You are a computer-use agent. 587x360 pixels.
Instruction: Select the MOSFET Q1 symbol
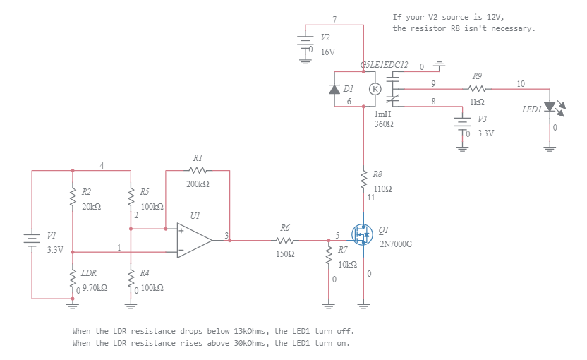(x=361, y=234)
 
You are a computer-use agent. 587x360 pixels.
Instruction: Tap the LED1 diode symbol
(x=550, y=106)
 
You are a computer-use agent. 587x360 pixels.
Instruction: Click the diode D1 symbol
(x=334, y=90)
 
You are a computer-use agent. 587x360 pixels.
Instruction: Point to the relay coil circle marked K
(x=375, y=89)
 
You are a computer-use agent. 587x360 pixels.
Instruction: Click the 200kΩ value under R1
(x=197, y=184)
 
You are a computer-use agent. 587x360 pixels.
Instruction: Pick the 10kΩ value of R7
(x=347, y=264)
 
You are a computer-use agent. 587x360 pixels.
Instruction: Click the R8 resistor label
(x=377, y=174)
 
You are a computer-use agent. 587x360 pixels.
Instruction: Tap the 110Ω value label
(x=382, y=189)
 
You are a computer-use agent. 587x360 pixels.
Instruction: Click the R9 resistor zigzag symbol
(x=477, y=89)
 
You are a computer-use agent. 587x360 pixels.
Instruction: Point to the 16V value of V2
(x=327, y=52)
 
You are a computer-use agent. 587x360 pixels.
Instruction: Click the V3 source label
(x=482, y=119)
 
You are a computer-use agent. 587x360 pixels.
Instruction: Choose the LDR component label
(x=89, y=272)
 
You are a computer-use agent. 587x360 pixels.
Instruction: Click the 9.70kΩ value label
(x=95, y=288)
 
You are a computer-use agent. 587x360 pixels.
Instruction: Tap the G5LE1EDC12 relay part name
(x=384, y=65)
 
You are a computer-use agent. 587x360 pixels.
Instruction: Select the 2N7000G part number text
(x=395, y=244)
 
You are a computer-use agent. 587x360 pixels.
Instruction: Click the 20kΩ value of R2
(x=92, y=207)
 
